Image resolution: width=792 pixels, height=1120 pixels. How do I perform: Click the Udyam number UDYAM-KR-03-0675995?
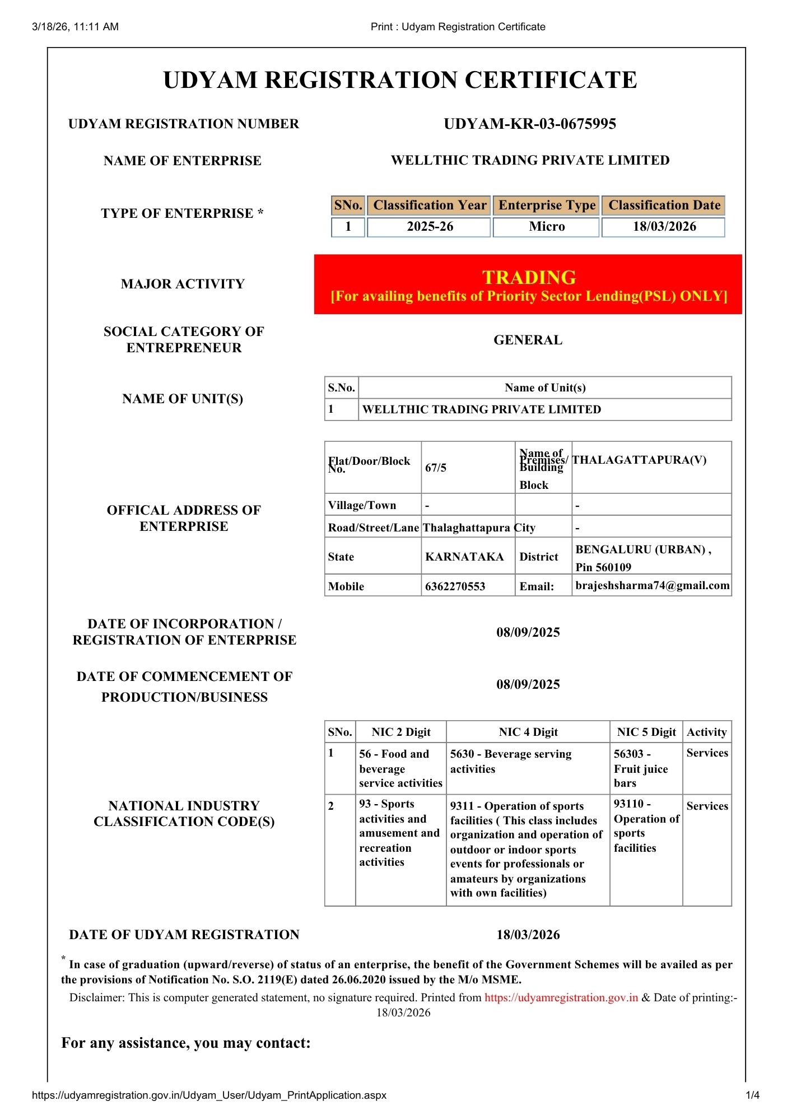click(x=529, y=124)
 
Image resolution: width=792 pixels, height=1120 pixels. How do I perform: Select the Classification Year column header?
click(x=430, y=206)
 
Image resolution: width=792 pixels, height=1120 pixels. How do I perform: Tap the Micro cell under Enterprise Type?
click(x=547, y=227)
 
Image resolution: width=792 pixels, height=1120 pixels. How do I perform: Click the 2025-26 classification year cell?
click(x=430, y=227)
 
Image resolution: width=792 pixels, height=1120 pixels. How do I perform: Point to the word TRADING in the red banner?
click(x=529, y=278)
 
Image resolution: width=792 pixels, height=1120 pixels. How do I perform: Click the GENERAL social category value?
click(x=528, y=340)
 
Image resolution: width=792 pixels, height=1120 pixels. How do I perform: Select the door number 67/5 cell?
click(x=436, y=468)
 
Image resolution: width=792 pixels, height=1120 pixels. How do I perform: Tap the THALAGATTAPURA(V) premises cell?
click(x=639, y=460)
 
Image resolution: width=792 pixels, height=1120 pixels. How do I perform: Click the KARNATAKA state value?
click(x=464, y=557)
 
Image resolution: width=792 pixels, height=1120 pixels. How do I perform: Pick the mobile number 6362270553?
click(x=455, y=586)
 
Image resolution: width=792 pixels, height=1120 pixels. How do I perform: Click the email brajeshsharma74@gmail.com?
click(x=653, y=586)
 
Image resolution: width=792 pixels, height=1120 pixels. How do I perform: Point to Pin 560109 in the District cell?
click(x=603, y=567)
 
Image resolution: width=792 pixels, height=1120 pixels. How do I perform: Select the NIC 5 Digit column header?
click(x=646, y=732)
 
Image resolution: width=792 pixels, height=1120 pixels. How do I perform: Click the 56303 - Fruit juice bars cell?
click(x=641, y=768)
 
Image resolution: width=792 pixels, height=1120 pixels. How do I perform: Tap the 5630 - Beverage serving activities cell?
click(x=510, y=762)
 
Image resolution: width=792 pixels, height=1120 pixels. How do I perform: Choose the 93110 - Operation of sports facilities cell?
click(x=646, y=826)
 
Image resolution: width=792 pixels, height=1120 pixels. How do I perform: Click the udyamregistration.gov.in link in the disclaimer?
click(x=561, y=997)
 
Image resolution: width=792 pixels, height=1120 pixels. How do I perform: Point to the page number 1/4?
click(x=752, y=1095)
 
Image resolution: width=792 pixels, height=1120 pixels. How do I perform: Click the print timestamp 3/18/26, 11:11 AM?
click(x=76, y=27)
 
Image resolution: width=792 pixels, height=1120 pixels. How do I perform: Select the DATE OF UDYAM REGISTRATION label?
click(x=184, y=935)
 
